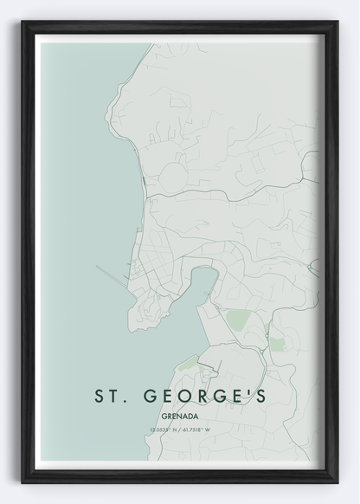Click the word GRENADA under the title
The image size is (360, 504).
[x=179, y=415]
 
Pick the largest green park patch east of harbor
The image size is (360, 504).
[x=238, y=326]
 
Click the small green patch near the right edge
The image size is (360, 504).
[x=277, y=344]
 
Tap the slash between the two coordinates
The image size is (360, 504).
[x=179, y=430]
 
